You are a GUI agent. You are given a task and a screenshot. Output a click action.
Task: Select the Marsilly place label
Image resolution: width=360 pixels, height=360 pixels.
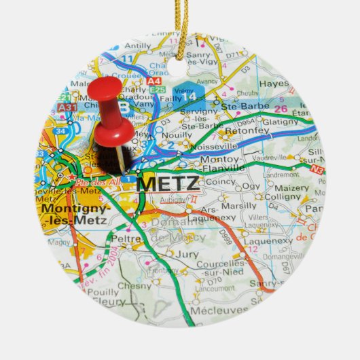(239, 205)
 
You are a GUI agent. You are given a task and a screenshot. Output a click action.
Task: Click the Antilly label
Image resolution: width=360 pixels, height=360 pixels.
(138, 46)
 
